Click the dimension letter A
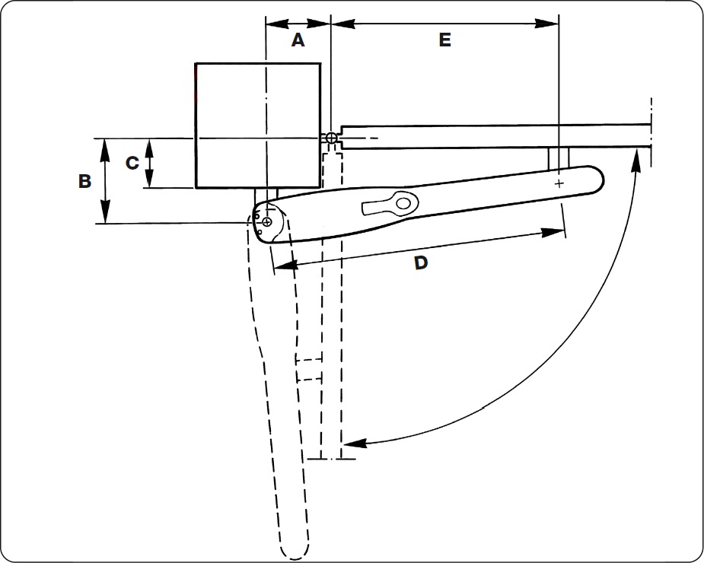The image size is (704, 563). point(298,40)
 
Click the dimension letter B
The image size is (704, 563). point(84,181)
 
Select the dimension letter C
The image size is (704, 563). point(132,163)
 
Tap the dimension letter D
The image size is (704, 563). point(420,263)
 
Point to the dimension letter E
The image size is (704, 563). point(444,40)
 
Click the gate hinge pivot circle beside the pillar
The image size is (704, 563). point(331,138)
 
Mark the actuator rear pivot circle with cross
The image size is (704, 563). point(266,221)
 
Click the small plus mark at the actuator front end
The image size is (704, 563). point(559,183)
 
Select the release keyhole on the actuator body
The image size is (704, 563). point(390,205)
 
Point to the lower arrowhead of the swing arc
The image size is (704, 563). point(355,443)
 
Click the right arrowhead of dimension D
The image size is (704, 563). point(553,232)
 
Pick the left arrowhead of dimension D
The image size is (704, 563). point(285,266)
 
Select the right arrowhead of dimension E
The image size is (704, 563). point(546,24)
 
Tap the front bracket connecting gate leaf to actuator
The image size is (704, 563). point(559,158)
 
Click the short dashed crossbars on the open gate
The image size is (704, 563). point(308,369)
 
